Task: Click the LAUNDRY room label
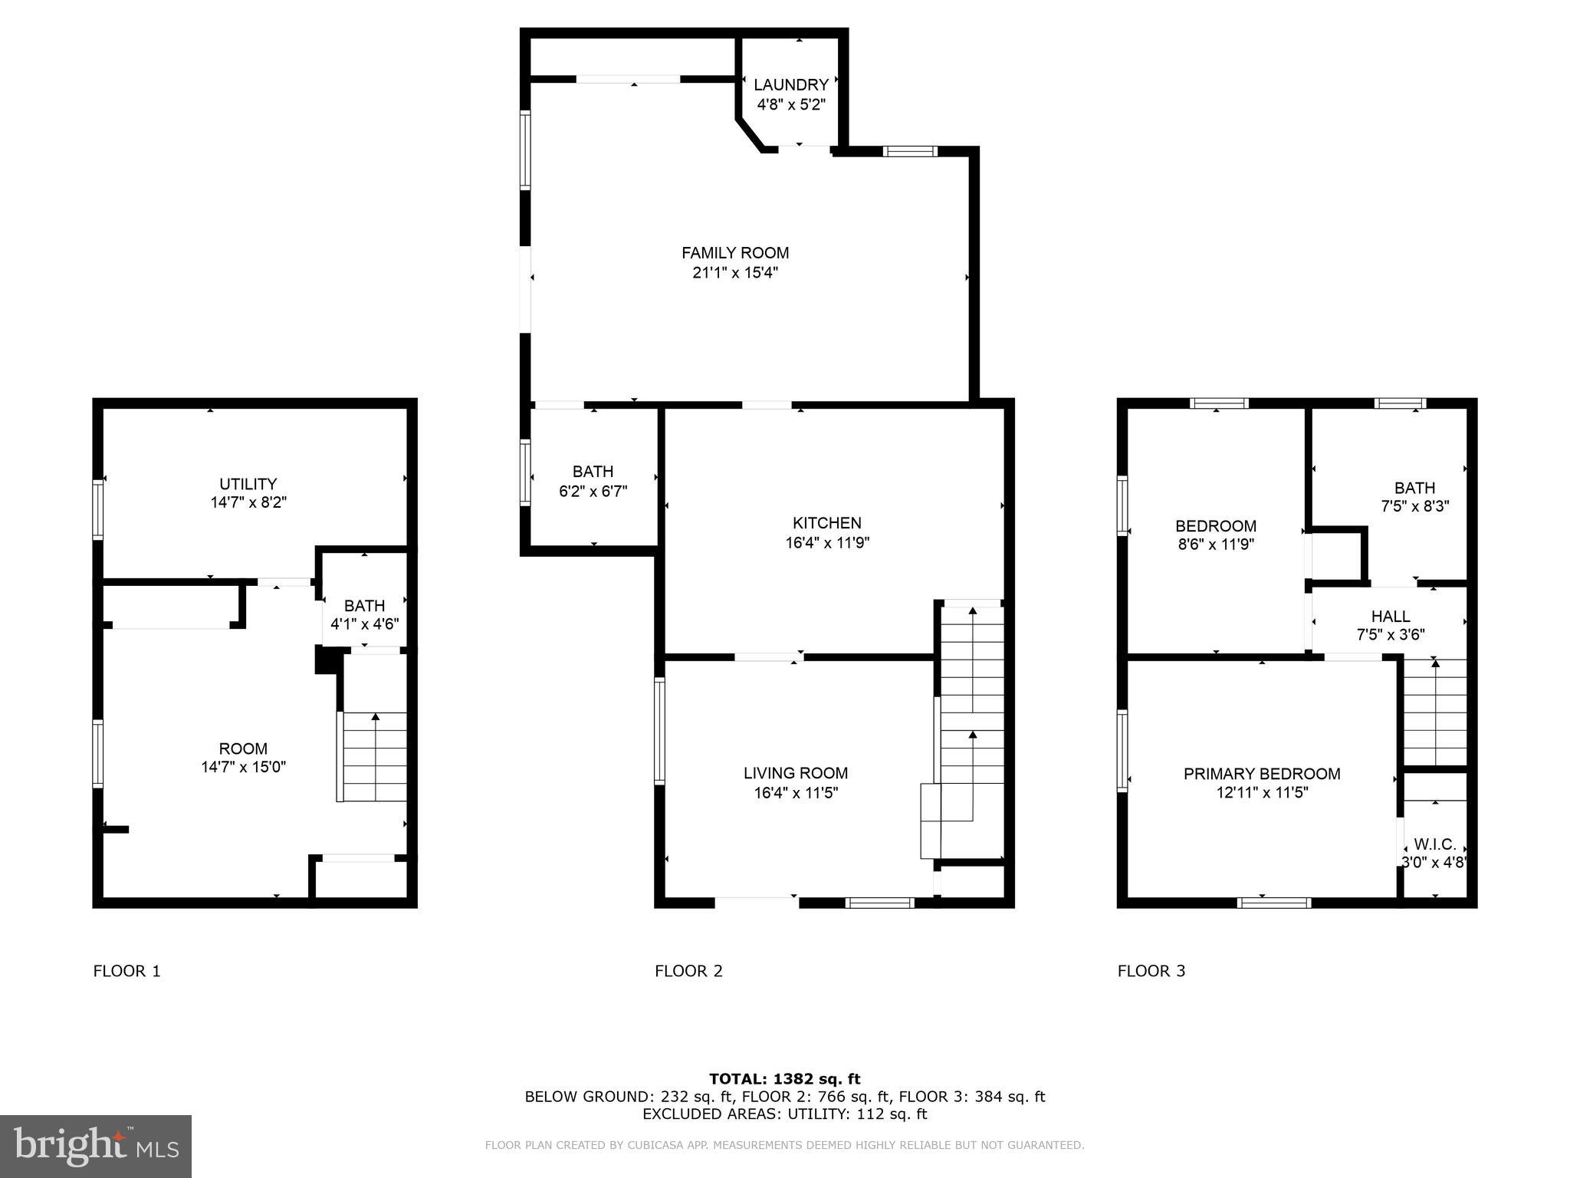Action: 790,85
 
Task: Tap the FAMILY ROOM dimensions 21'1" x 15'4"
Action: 735,272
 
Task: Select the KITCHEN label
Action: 826,523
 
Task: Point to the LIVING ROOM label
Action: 796,773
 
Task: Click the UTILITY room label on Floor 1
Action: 248,484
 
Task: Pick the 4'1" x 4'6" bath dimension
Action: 364,624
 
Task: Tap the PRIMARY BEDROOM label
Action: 1261,774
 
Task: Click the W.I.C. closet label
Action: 1434,844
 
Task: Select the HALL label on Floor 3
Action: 1390,616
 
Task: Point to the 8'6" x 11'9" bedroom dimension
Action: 1216,545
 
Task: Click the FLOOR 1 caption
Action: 126,971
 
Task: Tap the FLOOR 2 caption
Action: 688,971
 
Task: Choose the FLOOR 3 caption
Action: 1151,971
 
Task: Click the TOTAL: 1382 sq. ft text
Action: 784,1079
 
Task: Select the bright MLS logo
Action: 96,1146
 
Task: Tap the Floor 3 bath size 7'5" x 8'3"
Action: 1414,506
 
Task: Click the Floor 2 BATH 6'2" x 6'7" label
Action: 593,481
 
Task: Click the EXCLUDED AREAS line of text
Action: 784,1114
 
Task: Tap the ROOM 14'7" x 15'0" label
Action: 243,758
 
